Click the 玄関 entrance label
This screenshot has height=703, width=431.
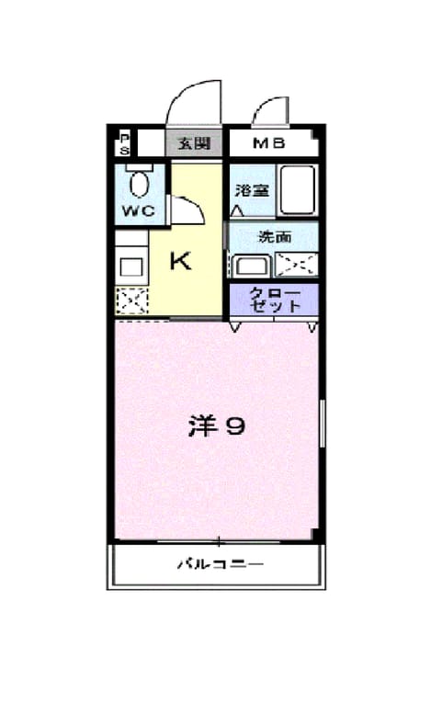click(194, 143)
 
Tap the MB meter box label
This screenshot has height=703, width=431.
click(269, 143)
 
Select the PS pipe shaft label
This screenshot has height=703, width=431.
click(124, 144)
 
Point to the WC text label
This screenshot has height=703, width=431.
click(139, 210)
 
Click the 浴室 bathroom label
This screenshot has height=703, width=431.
click(253, 190)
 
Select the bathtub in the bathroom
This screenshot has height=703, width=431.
click(297, 190)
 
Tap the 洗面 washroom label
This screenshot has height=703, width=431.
click(275, 236)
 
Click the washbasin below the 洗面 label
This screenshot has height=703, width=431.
click(253, 266)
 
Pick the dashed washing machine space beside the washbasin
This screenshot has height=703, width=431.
click(296, 265)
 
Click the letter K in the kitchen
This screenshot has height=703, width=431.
click(180, 260)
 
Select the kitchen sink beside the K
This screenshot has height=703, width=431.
click(131, 267)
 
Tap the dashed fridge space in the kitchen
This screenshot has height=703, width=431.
click(131, 300)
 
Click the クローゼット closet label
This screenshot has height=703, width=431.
click(275, 299)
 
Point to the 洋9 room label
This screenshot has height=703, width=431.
click(217, 426)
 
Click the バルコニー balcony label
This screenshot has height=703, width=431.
click(220, 563)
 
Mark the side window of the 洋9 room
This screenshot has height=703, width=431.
click(322, 424)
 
